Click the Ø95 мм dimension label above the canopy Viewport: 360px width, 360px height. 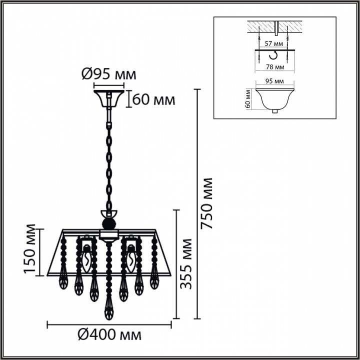[108, 75]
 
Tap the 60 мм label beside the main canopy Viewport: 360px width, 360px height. [154, 99]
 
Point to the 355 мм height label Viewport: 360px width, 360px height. [186, 263]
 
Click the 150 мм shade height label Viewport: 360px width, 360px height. [31, 249]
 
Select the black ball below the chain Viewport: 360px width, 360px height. [108, 223]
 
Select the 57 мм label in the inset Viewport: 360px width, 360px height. [272, 43]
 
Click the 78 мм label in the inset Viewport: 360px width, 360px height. [273, 66]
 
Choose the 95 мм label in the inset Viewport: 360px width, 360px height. [272, 81]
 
